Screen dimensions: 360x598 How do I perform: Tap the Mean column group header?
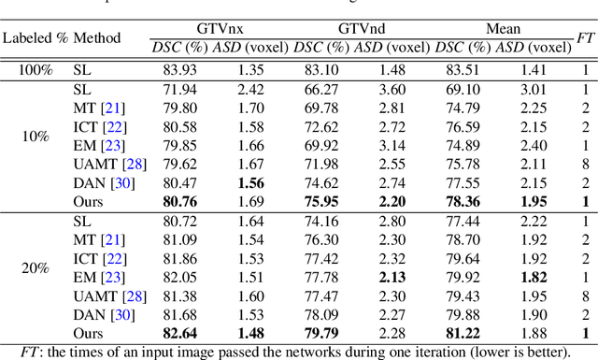click(504, 30)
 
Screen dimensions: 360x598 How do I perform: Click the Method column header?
click(98, 38)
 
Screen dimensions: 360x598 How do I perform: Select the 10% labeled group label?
click(36, 136)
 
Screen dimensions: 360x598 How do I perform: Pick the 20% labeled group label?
click(36, 267)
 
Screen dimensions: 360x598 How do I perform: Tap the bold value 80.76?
click(179, 201)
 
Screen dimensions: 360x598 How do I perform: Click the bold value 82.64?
click(179, 333)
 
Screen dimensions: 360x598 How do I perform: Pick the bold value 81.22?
click(463, 333)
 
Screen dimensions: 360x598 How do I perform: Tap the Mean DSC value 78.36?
click(463, 201)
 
